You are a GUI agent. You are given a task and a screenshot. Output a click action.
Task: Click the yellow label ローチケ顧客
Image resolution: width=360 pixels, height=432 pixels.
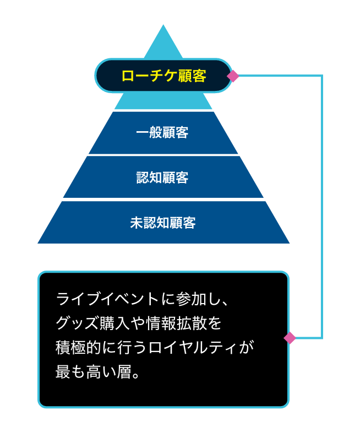[163, 76]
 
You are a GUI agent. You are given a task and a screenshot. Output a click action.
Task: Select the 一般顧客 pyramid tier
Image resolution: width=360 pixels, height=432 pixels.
[163, 133]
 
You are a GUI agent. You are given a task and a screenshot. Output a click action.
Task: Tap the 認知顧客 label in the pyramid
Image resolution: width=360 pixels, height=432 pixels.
[163, 178]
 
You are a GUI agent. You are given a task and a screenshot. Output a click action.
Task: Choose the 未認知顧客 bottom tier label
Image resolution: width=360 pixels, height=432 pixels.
[163, 223]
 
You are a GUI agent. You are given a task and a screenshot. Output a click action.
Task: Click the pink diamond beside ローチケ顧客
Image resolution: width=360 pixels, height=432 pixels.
[233, 76]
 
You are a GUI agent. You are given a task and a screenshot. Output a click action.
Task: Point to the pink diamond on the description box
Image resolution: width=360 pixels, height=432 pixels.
[290, 338]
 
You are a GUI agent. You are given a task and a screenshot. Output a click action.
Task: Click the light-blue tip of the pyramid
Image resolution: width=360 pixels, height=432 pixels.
[163, 42]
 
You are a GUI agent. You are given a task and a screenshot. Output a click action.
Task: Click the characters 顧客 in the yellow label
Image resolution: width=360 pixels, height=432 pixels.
[192, 76]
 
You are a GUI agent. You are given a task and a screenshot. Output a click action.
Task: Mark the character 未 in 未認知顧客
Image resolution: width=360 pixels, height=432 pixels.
[136, 223]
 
